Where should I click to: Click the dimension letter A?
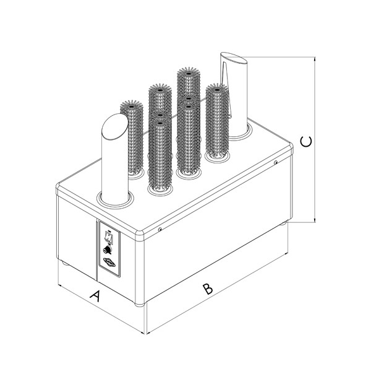tap(96, 296)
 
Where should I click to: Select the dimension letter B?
tap(208, 289)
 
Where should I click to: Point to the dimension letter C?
tap(306, 141)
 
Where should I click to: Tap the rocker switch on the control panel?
tap(108, 237)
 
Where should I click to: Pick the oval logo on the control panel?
tap(109, 263)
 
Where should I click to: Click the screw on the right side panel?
tap(276, 162)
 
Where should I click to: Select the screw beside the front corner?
tap(160, 229)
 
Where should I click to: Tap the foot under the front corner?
tap(140, 305)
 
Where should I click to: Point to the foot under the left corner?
tap(66, 263)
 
